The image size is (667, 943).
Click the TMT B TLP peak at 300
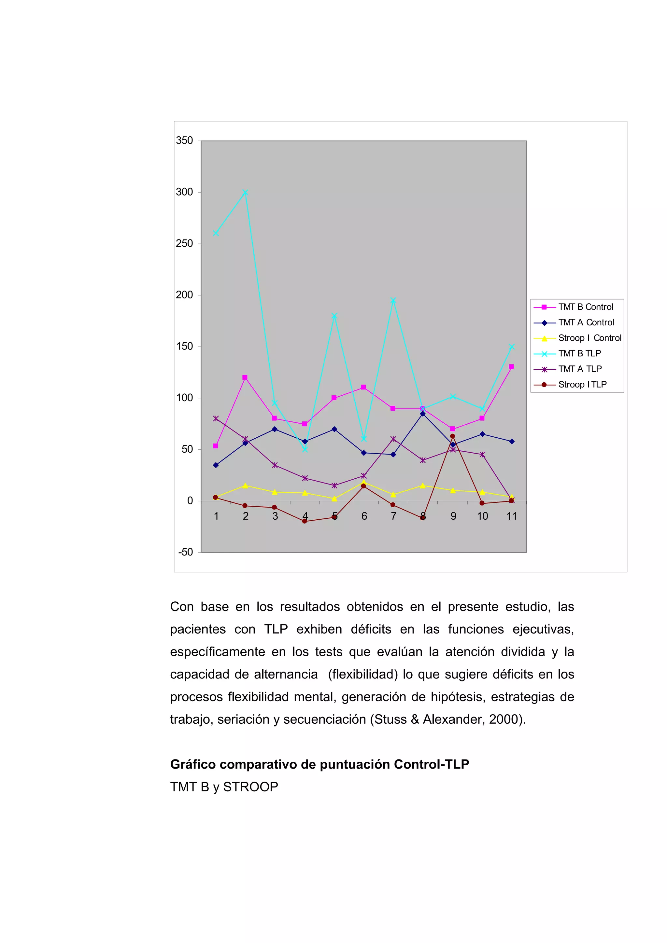245,192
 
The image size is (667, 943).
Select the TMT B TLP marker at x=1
216,233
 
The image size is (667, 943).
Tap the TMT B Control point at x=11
511,367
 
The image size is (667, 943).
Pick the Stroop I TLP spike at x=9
452,436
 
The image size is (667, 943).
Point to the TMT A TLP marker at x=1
216,418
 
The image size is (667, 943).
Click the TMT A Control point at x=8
422,414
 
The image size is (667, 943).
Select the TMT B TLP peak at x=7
393,301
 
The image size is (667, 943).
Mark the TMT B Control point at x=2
245,377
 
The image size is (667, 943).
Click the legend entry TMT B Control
586,307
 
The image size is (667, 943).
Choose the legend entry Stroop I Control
589,338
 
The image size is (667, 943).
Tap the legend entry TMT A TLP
580,369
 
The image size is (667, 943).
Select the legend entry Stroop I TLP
582,384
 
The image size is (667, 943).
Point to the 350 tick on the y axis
185,141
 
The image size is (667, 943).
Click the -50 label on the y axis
185,552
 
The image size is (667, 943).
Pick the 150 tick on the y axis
185,346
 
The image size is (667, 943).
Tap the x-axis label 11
512,516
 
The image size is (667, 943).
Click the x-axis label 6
364,516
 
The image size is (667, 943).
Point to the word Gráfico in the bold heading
193,764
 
